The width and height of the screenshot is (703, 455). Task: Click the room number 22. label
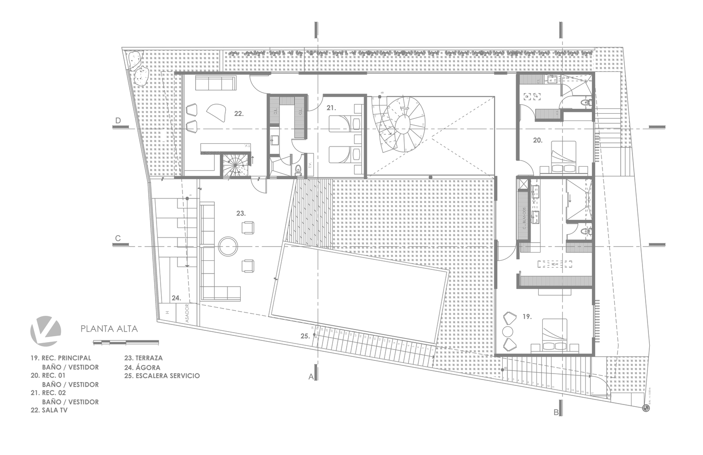[239, 113]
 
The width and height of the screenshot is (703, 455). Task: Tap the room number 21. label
[330, 108]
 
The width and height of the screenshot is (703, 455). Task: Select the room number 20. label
[538, 141]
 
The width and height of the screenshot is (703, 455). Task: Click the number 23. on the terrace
[241, 212]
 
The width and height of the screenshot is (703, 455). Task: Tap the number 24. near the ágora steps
[177, 298]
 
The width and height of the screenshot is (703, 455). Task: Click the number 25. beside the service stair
[305, 336]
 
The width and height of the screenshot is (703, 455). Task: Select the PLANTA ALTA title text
[109, 328]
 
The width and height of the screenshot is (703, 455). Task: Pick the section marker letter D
[118, 121]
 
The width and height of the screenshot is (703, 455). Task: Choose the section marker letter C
[118, 238]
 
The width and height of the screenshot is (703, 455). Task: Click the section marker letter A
[311, 377]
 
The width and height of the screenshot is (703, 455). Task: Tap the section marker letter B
[556, 413]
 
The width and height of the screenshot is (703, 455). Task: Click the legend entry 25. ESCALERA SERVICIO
[162, 376]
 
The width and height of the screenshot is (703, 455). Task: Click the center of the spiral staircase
[404, 123]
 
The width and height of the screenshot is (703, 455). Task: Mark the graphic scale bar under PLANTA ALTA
[126, 341]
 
